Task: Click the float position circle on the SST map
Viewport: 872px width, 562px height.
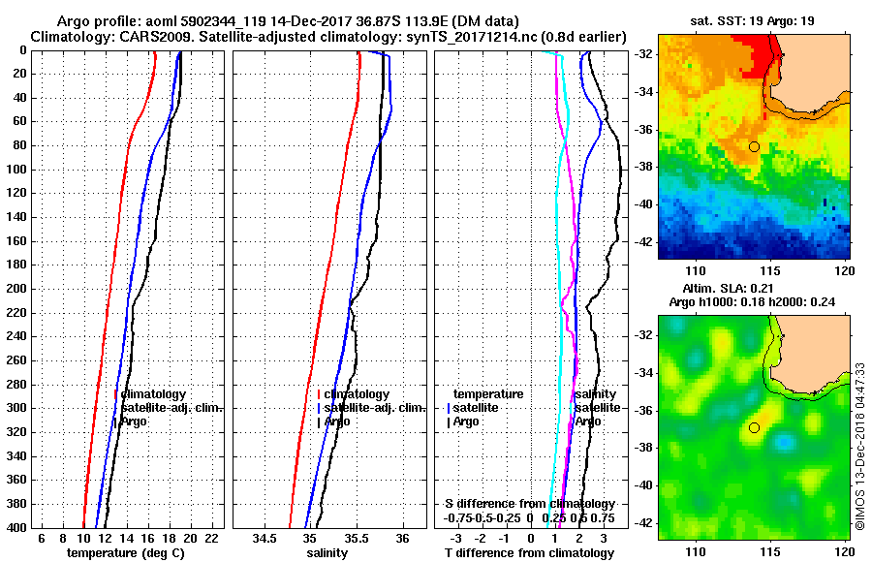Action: (754, 146)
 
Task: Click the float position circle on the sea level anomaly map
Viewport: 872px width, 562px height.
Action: (754, 427)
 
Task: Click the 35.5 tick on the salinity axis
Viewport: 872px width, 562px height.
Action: (356, 538)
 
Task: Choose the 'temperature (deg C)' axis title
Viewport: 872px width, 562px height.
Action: (125, 552)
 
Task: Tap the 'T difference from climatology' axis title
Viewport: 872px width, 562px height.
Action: (529, 552)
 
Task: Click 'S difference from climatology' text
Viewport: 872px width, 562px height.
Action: (529, 504)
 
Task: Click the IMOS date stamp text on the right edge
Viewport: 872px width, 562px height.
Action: (860, 446)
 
